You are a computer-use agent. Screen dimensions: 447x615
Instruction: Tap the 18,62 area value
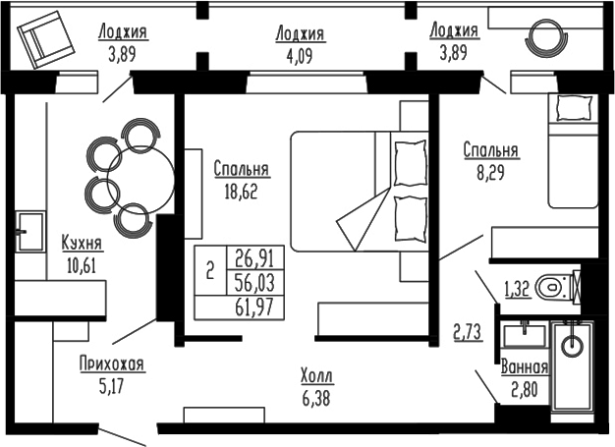pyautogui.click(x=242, y=191)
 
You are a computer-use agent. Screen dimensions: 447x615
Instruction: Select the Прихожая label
pyautogui.click(x=112, y=364)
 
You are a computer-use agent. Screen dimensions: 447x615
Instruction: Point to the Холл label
pyautogui.click(x=316, y=375)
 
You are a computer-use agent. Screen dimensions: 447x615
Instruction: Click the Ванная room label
pyautogui.click(x=524, y=367)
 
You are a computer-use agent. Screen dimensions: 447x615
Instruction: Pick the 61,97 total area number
pyautogui.click(x=253, y=307)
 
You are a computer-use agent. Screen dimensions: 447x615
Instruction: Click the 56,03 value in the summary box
pyautogui.click(x=253, y=283)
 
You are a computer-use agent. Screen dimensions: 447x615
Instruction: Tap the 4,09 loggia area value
pyautogui.click(x=300, y=52)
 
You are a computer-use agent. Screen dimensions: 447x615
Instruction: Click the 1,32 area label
pyautogui.click(x=519, y=289)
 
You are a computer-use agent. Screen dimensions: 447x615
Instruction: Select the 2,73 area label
pyautogui.click(x=467, y=331)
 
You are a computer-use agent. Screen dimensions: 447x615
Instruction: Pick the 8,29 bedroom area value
pyautogui.click(x=491, y=171)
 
